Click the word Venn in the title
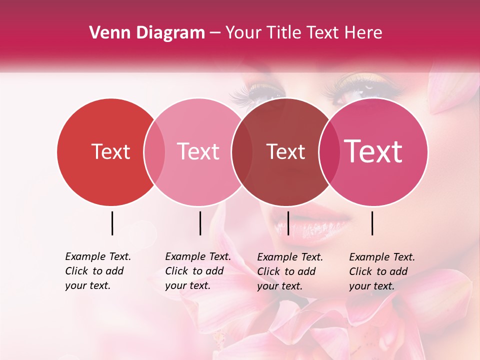[106, 33]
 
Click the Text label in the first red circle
[110, 151]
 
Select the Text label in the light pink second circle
[198, 151]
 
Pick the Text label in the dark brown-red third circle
[285, 151]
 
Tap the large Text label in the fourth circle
[373, 151]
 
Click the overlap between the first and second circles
[154, 152]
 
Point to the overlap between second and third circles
[242, 152]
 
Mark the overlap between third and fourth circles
[327, 152]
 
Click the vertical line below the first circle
[112, 223]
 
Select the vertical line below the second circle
[200, 223]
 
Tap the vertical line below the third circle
[288, 223]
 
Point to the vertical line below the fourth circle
[372, 223]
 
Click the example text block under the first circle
[98, 271]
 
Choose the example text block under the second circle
[198, 271]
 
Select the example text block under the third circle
[290, 271]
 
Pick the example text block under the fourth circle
[382, 271]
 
